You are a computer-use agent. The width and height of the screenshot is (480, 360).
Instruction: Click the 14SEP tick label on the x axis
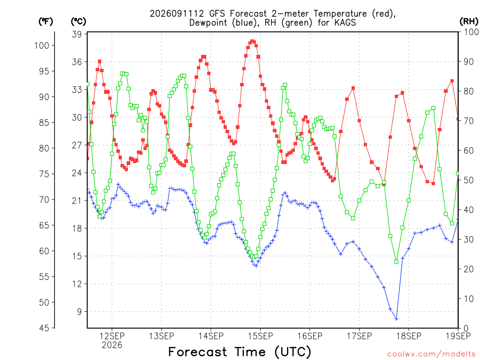(211, 336)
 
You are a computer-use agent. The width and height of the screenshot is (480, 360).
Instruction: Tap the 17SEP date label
(360, 336)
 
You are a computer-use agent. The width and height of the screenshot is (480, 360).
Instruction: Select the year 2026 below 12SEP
(112, 345)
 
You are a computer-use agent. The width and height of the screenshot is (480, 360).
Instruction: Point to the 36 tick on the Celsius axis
(77, 62)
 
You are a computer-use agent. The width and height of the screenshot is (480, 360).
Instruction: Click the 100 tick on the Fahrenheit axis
(42, 45)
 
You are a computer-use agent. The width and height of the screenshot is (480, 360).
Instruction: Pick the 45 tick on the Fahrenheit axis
(44, 328)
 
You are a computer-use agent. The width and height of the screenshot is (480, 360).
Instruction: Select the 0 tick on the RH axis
(466, 329)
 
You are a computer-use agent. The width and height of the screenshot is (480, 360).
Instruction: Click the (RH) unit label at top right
(469, 21)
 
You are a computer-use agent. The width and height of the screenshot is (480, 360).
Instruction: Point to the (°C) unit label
(79, 21)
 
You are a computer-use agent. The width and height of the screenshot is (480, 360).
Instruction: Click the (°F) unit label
(45, 21)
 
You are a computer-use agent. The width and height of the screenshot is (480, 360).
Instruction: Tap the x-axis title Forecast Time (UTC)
(240, 352)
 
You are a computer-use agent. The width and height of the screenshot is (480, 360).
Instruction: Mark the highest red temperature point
(252, 41)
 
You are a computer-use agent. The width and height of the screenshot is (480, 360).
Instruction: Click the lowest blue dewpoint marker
(397, 319)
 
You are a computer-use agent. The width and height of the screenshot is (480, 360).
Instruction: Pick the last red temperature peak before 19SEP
(452, 81)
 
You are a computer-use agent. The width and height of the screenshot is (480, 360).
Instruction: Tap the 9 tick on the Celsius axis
(80, 312)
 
